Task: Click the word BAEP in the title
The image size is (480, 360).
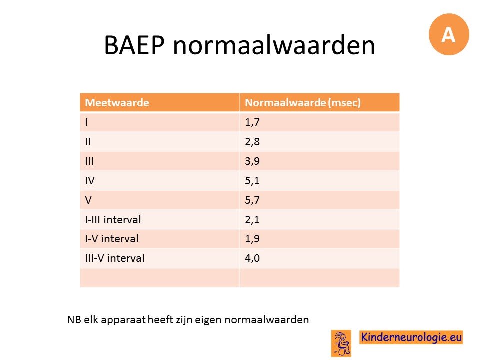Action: pos(134,45)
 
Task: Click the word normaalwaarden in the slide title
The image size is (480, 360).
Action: pos(274,45)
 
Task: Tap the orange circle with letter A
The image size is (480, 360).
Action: pos(449,34)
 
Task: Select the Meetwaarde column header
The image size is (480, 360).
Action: pos(117,103)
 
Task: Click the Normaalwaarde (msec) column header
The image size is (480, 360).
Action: pos(303,103)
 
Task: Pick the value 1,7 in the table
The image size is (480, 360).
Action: pos(252,122)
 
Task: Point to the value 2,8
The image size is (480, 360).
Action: pos(252,142)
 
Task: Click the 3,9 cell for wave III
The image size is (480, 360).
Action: pos(252,161)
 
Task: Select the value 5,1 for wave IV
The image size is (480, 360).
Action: pos(252,181)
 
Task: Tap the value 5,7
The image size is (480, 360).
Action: pos(252,200)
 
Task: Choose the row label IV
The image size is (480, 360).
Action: pos(90,181)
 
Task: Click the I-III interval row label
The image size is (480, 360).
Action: pos(113,220)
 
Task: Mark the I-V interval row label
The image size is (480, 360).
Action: pos(112,239)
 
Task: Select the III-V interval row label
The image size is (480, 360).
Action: pos(115,258)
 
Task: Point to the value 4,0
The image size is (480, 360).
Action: pos(252,258)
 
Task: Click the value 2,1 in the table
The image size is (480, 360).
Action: pos(252,220)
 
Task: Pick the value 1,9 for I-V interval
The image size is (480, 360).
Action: pos(252,239)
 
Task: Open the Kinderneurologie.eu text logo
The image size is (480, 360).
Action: pos(411,337)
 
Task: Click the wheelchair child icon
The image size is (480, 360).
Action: pos(341,343)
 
